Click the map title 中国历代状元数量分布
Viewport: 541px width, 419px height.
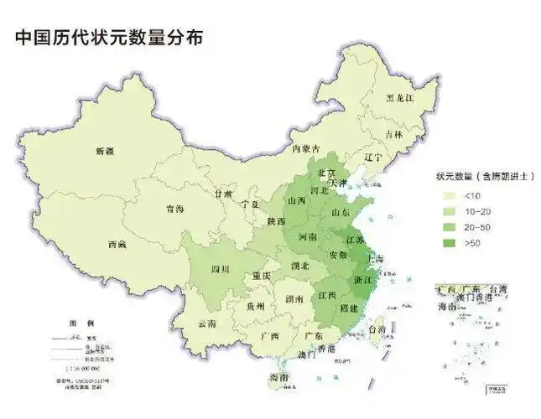pyautogui.click(x=108, y=39)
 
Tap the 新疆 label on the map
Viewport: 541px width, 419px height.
pyautogui.click(x=105, y=151)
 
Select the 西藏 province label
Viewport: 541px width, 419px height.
pyautogui.click(x=117, y=245)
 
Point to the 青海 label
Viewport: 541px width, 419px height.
pyautogui.click(x=174, y=209)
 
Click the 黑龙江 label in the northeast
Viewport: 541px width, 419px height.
pyautogui.click(x=400, y=98)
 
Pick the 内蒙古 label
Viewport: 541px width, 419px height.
pyautogui.click(x=306, y=148)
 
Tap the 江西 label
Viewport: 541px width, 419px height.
pyautogui.click(x=327, y=295)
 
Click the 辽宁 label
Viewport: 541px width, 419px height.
pyautogui.click(x=373, y=157)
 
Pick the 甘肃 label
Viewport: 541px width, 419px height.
pyautogui.click(x=222, y=193)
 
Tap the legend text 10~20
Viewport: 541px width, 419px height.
pyautogui.click(x=476, y=211)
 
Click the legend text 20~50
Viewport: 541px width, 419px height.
pyautogui.click(x=476, y=227)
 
